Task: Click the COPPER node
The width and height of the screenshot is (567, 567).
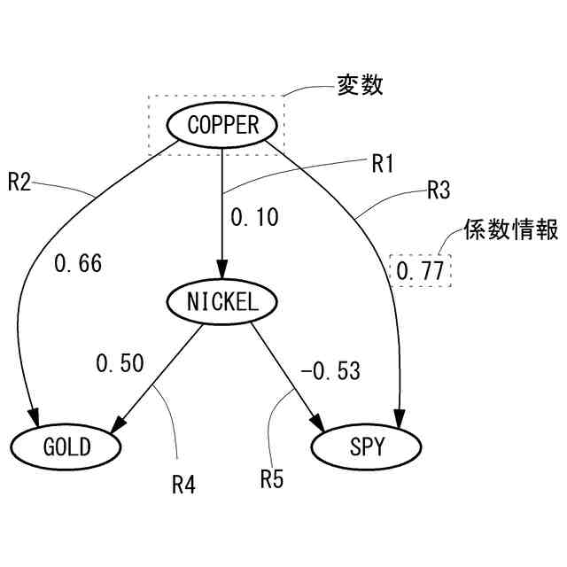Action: pyautogui.click(x=222, y=124)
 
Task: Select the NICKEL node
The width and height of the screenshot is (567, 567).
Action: pyautogui.click(x=222, y=301)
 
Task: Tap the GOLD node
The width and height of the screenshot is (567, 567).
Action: pyautogui.click(x=66, y=447)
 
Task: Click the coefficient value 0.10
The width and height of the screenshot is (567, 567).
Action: pyautogui.click(x=253, y=215)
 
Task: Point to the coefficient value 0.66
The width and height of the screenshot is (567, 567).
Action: pyautogui.click(x=78, y=263)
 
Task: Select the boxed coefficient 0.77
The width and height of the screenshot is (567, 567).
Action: pyautogui.click(x=420, y=271)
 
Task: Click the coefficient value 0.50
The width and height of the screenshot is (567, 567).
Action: pyautogui.click(x=120, y=363)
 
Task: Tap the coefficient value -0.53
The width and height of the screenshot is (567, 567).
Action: pyautogui.click(x=330, y=371)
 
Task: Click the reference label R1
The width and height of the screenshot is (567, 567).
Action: pyautogui.click(x=383, y=163)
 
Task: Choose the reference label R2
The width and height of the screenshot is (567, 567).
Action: pyautogui.click(x=20, y=182)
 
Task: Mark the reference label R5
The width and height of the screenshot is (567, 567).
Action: pyautogui.click(x=271, y=478)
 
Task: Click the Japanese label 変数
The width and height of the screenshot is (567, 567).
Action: pyautogui.click(x=359, y=86)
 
